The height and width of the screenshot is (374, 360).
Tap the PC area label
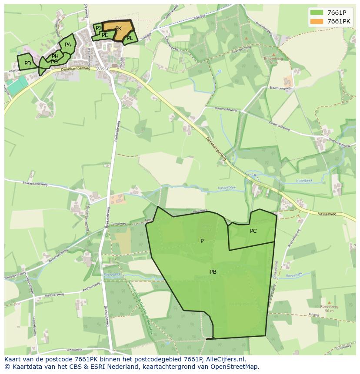(253, 231)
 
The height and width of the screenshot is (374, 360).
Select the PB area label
(213, 272)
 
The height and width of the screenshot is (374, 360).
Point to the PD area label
(27, 63)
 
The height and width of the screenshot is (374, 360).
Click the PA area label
(68, 45)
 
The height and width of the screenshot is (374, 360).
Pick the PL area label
(130, 38)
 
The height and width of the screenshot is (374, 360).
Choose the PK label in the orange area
(118, 29)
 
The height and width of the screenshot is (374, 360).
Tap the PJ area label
(98, 28)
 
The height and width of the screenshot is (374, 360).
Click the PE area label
(105, 35)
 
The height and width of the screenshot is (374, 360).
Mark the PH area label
(55, 56)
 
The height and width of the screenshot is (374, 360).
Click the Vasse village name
(103, 69)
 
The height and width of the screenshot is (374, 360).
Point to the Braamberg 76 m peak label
(273, 60)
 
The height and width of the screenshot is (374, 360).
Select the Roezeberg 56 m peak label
(329, 308)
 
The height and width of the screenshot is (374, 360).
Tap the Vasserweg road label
(327, 214)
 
